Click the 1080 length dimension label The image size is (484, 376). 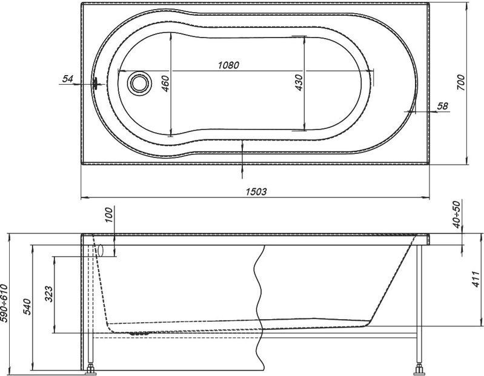(x=228, y=65)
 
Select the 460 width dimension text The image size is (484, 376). (x=165, y=84)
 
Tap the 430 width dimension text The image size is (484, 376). (x=299, y=83)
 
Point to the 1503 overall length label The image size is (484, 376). (x=256, y=192)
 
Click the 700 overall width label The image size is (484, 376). (x=460, y=82)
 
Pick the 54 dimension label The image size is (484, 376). (x=68, y=79)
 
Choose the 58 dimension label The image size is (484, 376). (x=442, y=106)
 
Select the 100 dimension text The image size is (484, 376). (x=110, y=215)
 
